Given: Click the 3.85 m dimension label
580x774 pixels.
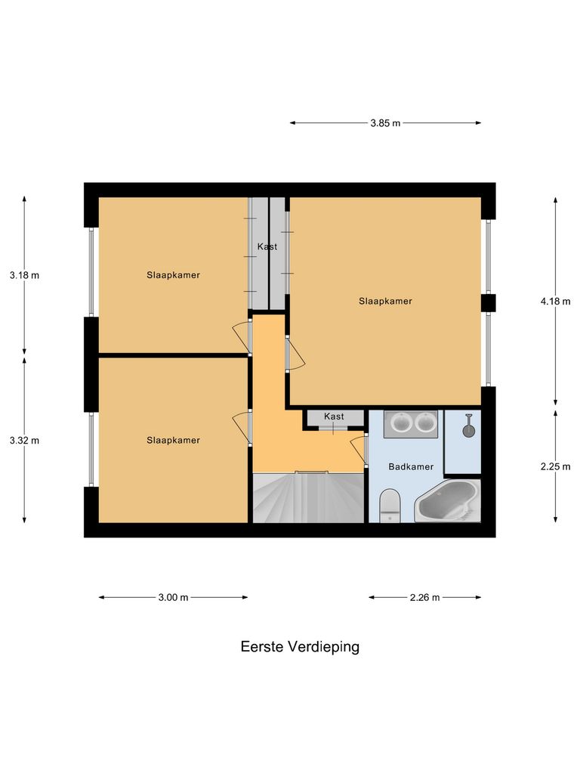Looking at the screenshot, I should point(385,124).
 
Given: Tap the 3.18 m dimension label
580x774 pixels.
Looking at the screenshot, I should point(24,275).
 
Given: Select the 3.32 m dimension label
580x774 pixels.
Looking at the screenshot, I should point(24,440).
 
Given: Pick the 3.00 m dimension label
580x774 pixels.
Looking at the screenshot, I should point(173,597).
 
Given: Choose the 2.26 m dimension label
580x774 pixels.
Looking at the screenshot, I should point(424,597).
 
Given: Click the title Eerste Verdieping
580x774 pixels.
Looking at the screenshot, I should point(300,647).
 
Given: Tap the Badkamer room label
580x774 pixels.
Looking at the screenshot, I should point(411,467).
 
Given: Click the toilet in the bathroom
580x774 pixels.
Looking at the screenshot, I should point(390,504).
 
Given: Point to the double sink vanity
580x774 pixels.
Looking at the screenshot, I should point(411,424).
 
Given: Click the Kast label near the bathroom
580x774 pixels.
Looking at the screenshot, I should point(334,416).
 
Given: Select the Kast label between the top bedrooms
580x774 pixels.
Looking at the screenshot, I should point(267,246).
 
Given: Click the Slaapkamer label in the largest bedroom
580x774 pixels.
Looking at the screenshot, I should point(385,301).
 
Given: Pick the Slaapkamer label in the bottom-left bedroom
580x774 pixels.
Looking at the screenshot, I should point(173,440).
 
